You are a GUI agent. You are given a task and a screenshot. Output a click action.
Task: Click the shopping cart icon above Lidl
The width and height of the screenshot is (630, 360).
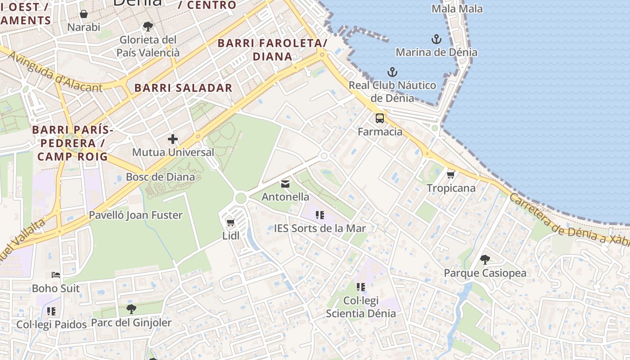[x=231, y=222]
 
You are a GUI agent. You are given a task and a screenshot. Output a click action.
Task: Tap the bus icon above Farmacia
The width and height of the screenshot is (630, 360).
[x=380, y=118]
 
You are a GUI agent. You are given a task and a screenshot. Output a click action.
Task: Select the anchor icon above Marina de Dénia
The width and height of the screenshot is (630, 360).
[x=436, y=39]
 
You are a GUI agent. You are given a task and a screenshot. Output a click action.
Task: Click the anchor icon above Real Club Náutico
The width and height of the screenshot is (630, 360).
[x=392, y=72]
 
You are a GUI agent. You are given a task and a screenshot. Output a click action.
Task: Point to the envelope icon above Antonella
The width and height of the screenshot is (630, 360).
[x=285, y=184]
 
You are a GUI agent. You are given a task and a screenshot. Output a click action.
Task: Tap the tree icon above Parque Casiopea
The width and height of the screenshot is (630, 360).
[x=485, y=260]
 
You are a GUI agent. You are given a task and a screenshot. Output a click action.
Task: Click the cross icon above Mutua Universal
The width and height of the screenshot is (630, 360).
[x=173, y=139]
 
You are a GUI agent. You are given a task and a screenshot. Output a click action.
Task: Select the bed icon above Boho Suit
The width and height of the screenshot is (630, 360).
[x=56, y=274]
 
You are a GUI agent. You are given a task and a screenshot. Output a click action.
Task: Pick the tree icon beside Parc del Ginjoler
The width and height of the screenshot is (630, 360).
[x=131, y=309]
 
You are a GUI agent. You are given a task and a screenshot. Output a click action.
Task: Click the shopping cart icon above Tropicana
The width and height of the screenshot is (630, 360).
[x=450, y=175]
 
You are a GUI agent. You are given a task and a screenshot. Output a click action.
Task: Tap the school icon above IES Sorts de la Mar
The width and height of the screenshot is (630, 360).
[x=320, y=215]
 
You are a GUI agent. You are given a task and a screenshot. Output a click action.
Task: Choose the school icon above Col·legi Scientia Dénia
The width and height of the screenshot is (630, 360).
[x=360, y=287]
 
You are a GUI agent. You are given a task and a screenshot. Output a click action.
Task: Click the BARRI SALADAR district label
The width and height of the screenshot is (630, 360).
[x=183, y=88]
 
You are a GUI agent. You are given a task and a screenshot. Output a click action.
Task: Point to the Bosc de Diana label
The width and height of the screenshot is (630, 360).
[x=160, y=177]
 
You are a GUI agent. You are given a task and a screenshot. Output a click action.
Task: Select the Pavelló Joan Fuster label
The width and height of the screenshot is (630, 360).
[x=135, y=215]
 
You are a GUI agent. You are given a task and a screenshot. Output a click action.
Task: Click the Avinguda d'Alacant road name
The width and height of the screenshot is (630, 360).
[x=55, y=72]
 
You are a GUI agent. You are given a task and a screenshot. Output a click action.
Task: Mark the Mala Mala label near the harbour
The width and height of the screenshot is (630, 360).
[x=457, y=9]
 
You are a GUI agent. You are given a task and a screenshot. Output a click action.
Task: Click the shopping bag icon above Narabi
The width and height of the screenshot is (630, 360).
[x=84, y=14]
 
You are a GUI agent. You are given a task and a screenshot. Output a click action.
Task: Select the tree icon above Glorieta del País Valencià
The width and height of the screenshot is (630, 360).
[x=148, y=27]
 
